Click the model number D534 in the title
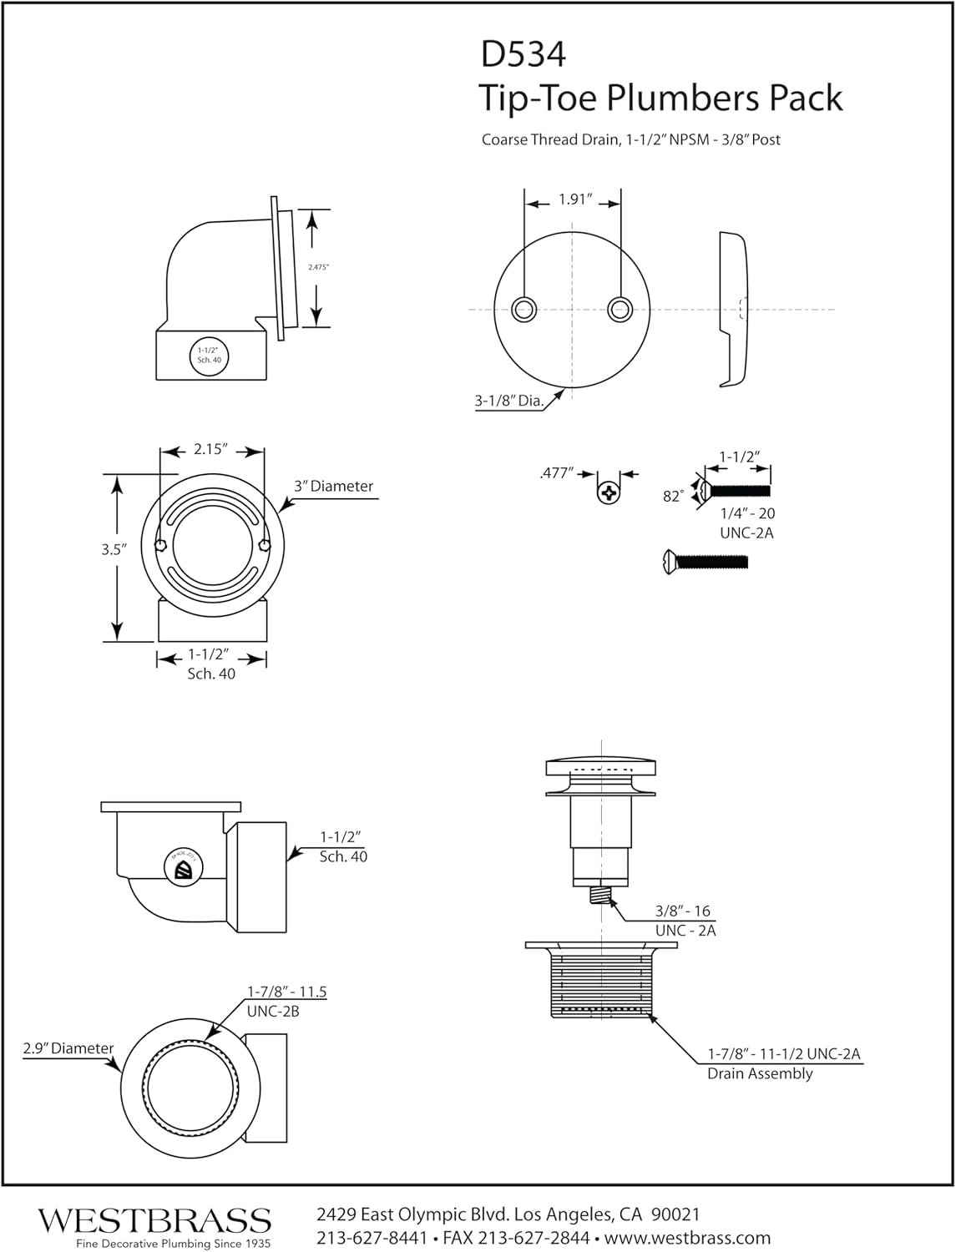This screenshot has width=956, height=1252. pyautogui.click(x=524, y=54)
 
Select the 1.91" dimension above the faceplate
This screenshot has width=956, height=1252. pyautogui.click(x=574, y=199)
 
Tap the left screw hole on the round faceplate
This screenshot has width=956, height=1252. pyautogui.click(x=525, y=309)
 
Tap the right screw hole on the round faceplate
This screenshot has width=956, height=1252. pyautogui.click(x=620, y=309)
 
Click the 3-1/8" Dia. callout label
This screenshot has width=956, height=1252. pyautogui.click(x=508, y=401)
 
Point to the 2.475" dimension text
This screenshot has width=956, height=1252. pyautogui.click(x=318, y=267)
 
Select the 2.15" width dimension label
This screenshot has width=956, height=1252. pyautogui.click(x=210, y=449)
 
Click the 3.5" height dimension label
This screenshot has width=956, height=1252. pyautogui.click(x=113, y=550)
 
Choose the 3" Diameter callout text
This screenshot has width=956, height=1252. pyautogui.click(x=333, y=486)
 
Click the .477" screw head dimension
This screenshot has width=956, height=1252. pyautogui.click(x=557, y=473)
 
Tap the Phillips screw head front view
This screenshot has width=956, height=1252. pyautogui.click(x=610, y=492)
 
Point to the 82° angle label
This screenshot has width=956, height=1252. pyautogui.click(x=673, y=496)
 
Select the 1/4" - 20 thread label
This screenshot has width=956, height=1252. pyautogui.click(x=747, y=514)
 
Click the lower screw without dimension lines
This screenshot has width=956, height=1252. pyautogui.click(x=705, y=561)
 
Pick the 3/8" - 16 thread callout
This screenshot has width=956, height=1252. pyautogui.click(x=682, y=911)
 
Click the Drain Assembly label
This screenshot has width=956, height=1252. pyautogui.click(x=760, y=1073)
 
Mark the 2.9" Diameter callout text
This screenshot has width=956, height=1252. pyautogui.click(x=68, y=1048)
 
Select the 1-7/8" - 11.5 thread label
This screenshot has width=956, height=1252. pyautogui.click(x=286, y=992)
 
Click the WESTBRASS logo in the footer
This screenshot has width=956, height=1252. pyautogui.click(x=154, y=1220)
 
